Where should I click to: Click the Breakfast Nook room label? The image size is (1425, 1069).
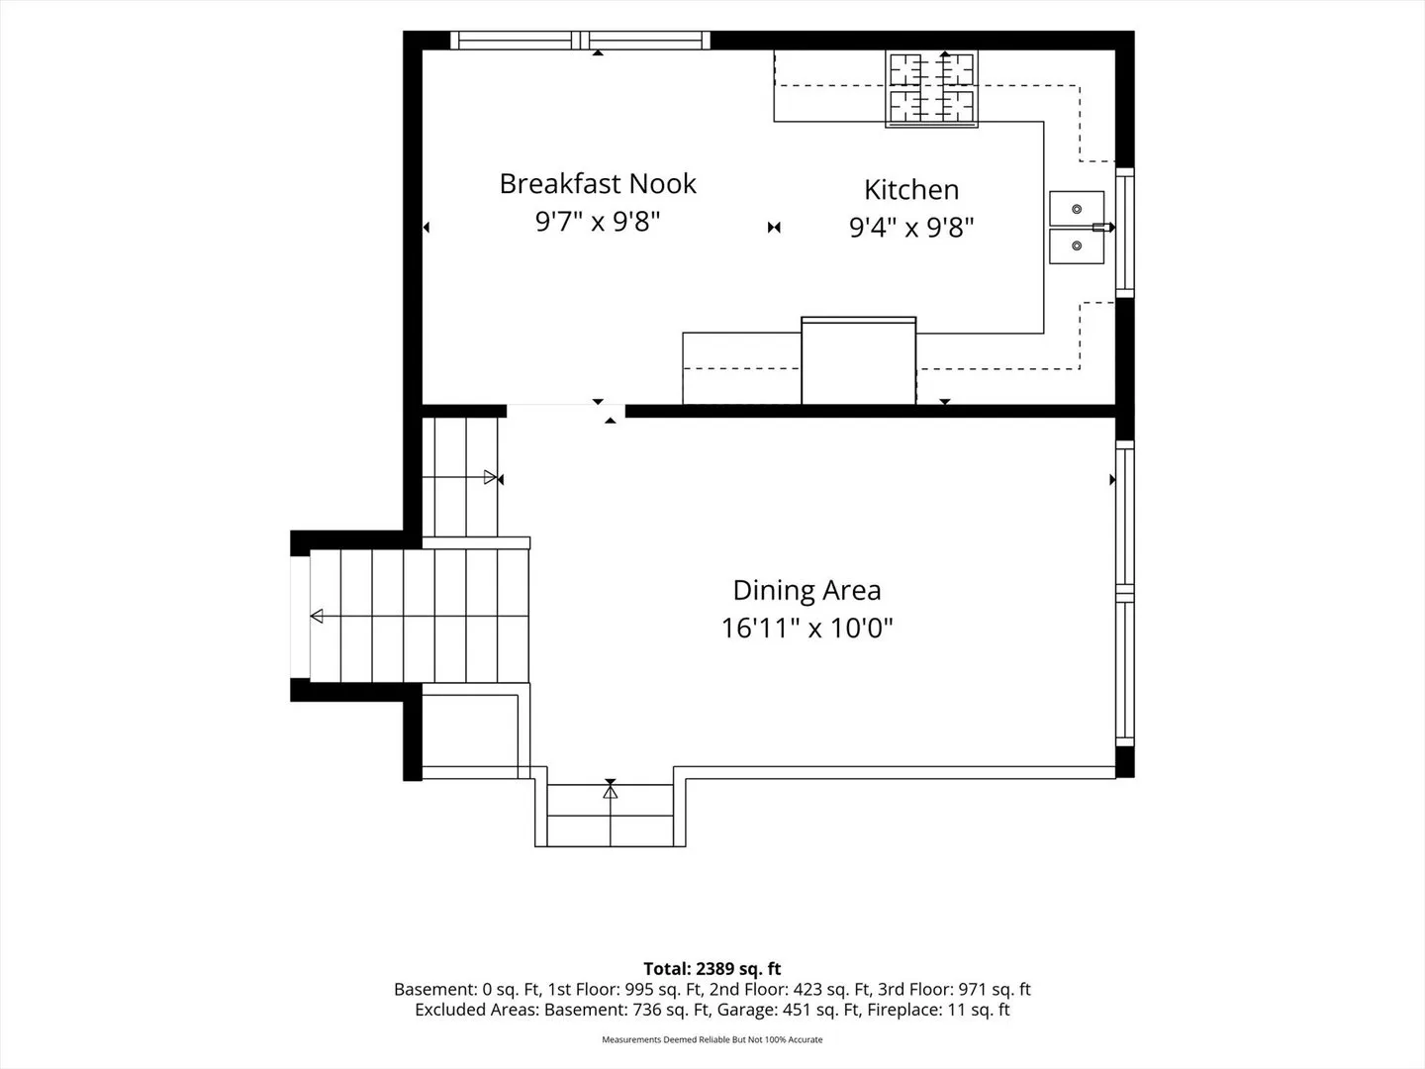[x=598, y=184]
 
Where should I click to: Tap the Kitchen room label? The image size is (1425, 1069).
[x=910, y=189]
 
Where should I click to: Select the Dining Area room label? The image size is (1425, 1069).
[x=807, y=590]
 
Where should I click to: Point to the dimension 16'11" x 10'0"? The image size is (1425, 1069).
[x=807, y=629]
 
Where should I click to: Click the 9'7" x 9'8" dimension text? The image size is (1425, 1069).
[x=598, y=222]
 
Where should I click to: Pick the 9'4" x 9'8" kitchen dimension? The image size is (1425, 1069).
[x=911, y=228]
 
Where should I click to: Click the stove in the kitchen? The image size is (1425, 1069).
[x=931, y=89]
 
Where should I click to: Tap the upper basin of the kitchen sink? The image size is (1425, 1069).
[x=1077, y=208]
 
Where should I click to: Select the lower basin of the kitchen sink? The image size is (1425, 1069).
[x=1077, y=246]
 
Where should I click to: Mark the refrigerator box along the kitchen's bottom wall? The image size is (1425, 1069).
[x=858, y=361]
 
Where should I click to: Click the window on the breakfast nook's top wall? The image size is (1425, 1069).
[x=580, y=41]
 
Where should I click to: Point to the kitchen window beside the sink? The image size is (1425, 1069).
[x=1125, y=233]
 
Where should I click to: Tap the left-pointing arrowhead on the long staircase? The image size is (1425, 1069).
[x=317, y=616]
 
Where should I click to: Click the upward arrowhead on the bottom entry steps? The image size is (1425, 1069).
[x=611, y=792]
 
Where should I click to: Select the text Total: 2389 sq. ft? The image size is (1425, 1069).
[x=712, y=968]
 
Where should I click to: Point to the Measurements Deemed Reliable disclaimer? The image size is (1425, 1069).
[x=712, y=1039]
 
